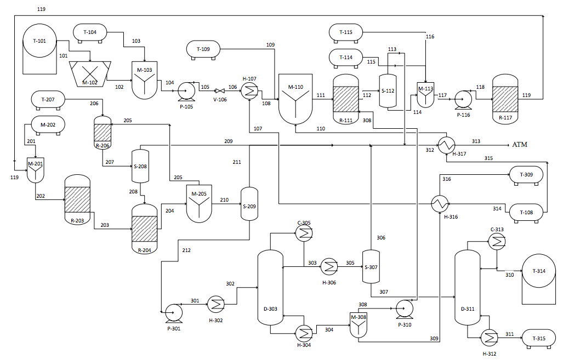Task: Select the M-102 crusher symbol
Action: [x=90, y=72]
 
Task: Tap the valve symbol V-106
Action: [x=219, y=90]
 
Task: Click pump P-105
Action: [x=187, y=90]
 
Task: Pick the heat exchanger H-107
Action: [x=249, y=91]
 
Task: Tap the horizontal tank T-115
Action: [x=346, y=33]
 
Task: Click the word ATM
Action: [x=520, y=145]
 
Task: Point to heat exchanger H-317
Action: [x=447, y=144]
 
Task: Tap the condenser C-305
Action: [x=304, y=235]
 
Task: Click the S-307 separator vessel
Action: [x=372, y=267]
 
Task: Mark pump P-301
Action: [x=173, y=312]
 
